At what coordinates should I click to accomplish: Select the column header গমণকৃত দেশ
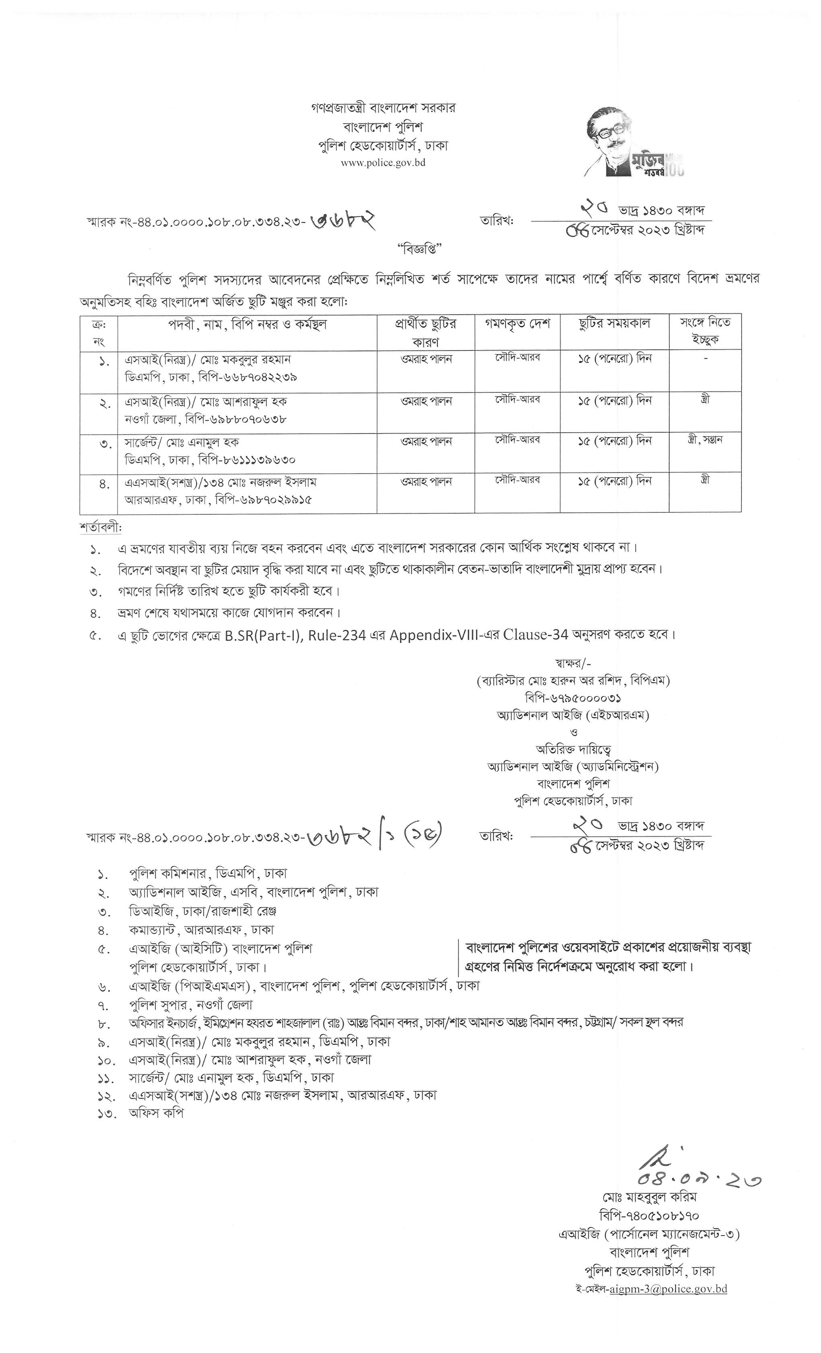coord(517,324)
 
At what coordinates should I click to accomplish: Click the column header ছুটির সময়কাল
coord(614,324)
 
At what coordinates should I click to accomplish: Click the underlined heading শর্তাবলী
coord(101,528)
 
